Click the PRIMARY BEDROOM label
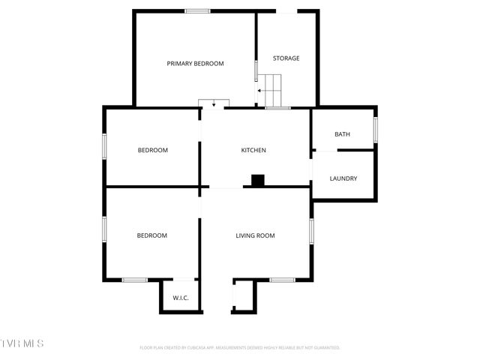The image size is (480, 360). (195, 64)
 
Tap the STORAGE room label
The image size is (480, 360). (286, 58)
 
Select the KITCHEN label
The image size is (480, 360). (253, 150)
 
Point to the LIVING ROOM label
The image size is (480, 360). (255, 235)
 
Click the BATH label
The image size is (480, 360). (342, 134)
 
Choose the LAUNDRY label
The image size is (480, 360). (343, 178)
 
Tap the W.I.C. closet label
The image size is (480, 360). (181, 298)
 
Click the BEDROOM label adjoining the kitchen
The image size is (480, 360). (152, 150)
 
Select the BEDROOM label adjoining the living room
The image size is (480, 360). (151, 235)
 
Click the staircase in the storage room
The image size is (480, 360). (273, 90)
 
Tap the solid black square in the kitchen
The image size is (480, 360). (258, 180)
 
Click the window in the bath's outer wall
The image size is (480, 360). (376, 130)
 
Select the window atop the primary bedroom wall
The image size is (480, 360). (197, 10)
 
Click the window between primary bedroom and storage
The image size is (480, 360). (256, 71)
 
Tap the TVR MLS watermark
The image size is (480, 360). (22, 343)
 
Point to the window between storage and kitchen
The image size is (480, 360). (277, 108)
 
